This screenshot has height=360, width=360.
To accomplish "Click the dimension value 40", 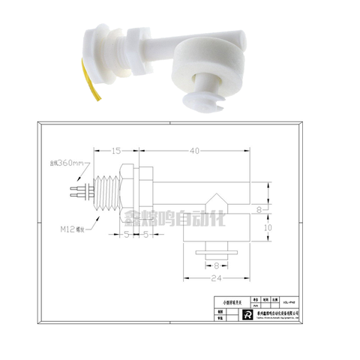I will tap(195, 151).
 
